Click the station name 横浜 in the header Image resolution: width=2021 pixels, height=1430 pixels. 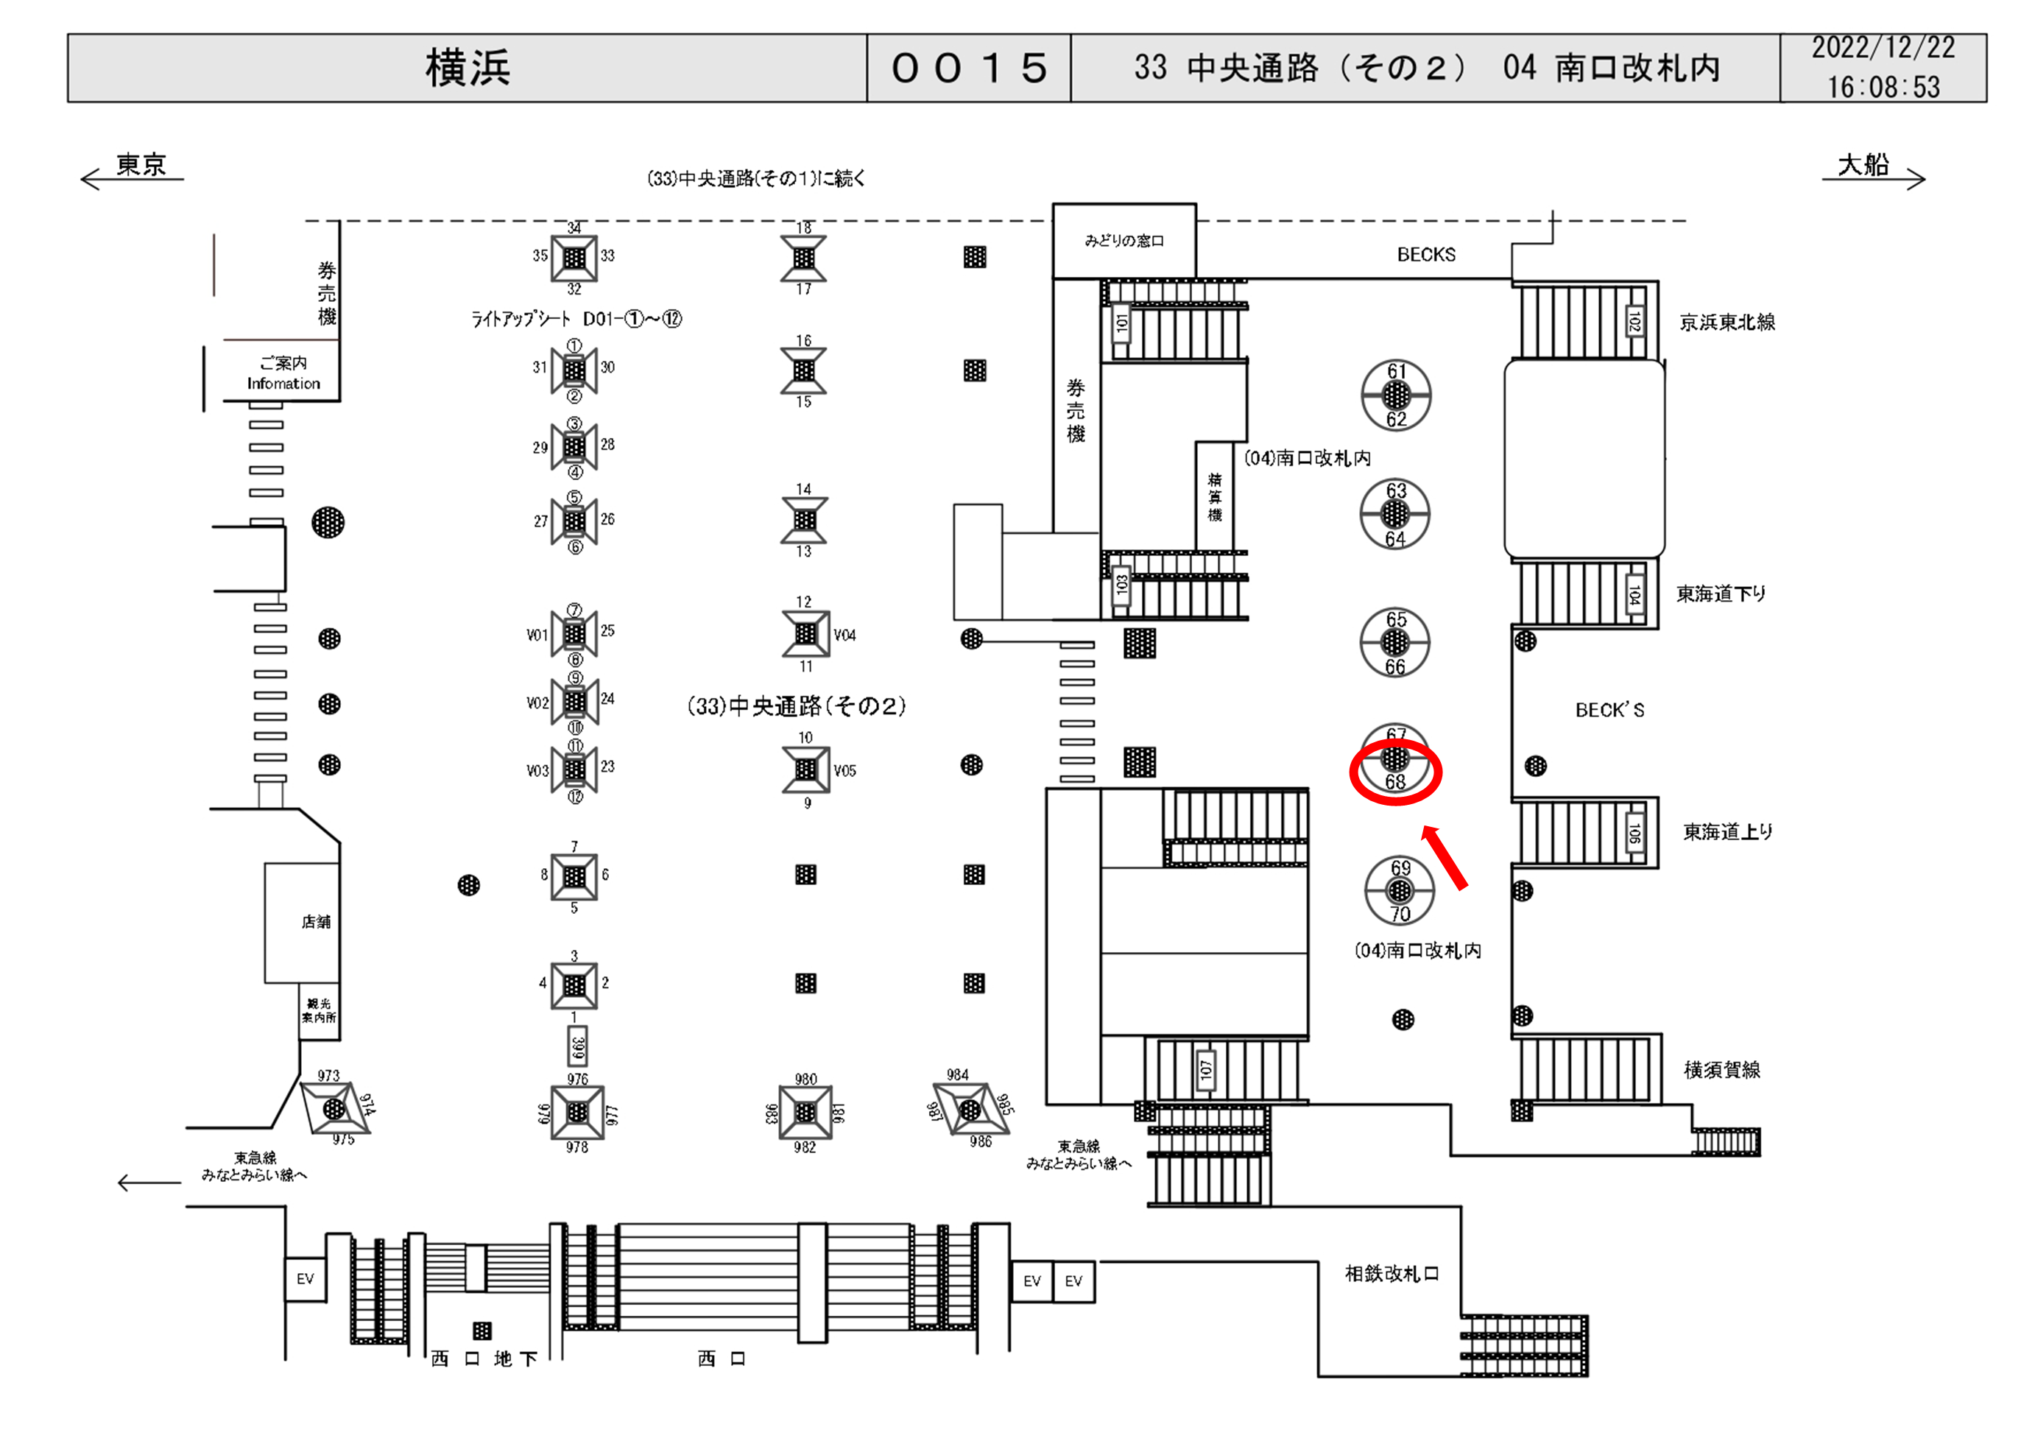click(x=468, y=68)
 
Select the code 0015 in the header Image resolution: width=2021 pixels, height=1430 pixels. click(x=968, y=68)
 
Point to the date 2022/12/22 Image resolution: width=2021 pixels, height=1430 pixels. click(x=1883, y=48)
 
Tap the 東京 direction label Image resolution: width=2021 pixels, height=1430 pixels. click(x=141, y=165)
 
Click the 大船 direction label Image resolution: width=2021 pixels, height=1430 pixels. click(x=1863, y=165)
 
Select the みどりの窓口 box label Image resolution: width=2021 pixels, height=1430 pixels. click(x=1124, y=240)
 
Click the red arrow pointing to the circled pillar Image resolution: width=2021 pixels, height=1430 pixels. click(x=1445, y=858)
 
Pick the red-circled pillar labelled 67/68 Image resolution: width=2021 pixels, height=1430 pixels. click(x=1395, y=759)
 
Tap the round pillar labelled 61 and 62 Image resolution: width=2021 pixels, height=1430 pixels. click(x=1396, y=395)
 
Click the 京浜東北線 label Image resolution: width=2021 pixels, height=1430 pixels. click(x=1727, y=323)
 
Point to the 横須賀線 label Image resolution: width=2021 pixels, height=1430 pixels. click(x=1722, y=1070)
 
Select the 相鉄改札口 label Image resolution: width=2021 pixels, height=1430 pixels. click(x=1392, y=1273)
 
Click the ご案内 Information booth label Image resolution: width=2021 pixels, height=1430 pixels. click(x=283, y=373)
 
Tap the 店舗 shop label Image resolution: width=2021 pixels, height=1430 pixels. click(x=316, y=922)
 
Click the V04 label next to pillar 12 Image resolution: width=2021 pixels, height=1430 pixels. click(x=844, y=635)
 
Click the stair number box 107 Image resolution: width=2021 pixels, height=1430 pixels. click(x=1206, y=1070)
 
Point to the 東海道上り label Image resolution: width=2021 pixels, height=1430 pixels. click(x=1727, y=832)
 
